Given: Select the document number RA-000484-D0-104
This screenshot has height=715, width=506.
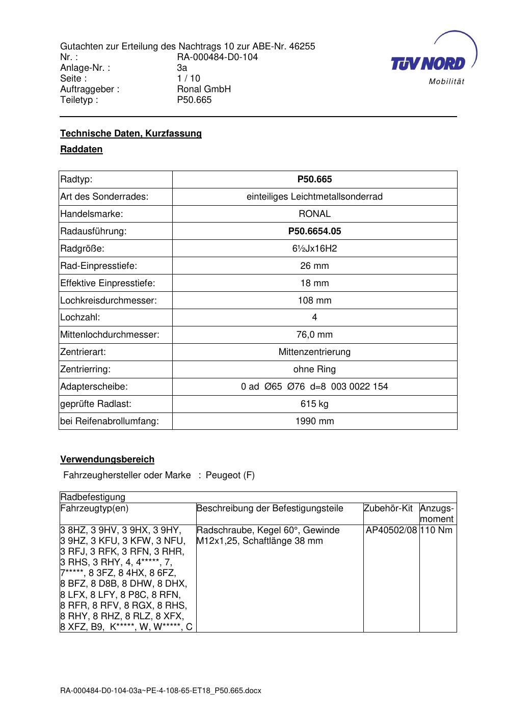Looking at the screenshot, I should (217, 57).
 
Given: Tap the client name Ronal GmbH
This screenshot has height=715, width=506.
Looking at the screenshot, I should (204, 89).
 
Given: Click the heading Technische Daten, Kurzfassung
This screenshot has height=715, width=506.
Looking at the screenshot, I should (131, 133).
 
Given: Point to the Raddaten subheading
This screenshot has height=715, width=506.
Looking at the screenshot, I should (82, 149).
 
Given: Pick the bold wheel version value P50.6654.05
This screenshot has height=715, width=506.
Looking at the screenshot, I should (314, 231).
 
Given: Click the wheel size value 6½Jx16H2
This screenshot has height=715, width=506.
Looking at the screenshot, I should (314, 249).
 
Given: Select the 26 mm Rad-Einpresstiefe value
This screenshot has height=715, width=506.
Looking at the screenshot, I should (314, 266).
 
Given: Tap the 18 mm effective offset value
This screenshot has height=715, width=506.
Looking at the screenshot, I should (314, 283).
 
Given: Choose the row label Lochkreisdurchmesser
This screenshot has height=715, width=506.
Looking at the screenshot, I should (109, 300).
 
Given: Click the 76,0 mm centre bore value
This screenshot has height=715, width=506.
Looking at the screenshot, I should (314, 335).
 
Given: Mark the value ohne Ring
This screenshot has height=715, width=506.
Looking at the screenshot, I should (314, 369).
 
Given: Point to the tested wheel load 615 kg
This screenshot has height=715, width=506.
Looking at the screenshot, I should (314, 404).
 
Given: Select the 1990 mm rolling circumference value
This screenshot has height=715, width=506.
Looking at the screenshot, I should (314, 421).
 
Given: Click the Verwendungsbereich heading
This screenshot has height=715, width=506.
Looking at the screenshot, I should (107, 459).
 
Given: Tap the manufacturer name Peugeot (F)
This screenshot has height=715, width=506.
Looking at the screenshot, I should (230, 475).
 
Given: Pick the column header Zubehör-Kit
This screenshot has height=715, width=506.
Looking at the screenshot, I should (388, 508).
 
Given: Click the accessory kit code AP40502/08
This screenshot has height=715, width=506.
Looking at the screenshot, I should (391, 530).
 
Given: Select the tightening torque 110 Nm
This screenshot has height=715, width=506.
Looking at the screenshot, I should (437, 530).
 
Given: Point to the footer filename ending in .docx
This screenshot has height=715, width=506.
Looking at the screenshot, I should (161, 691).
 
